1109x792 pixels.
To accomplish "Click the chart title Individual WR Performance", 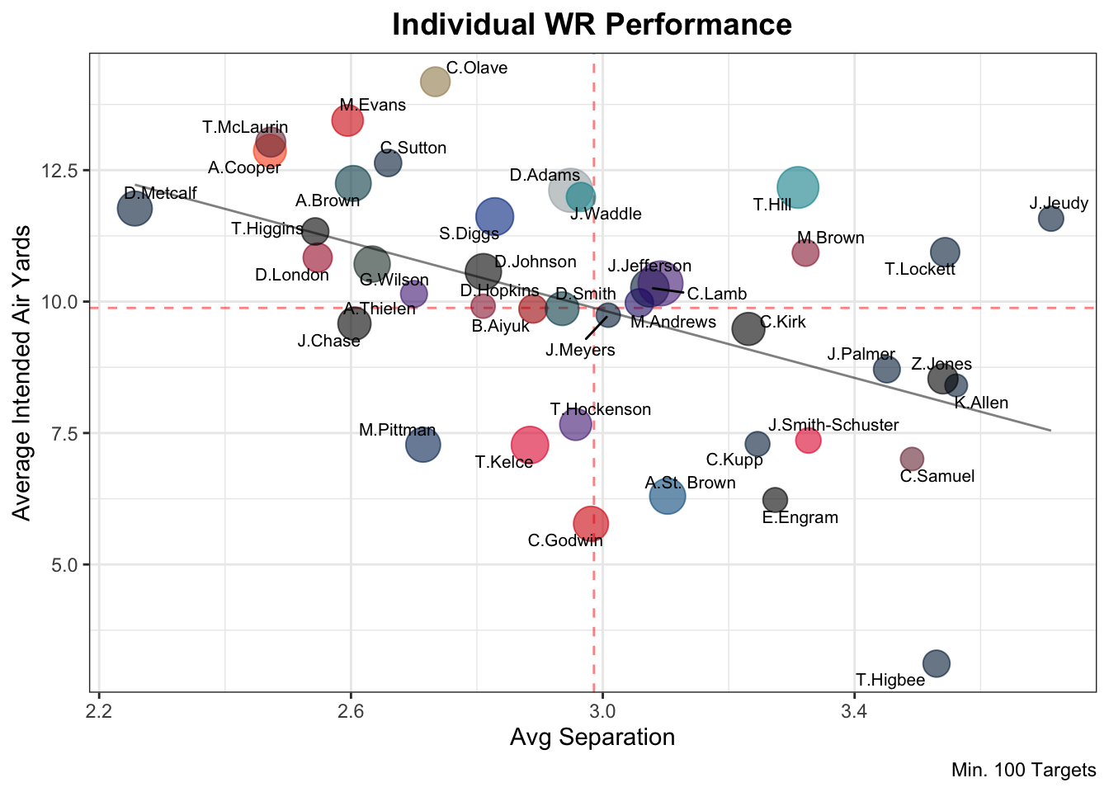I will [592, 25].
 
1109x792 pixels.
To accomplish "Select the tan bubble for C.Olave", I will [435, 81].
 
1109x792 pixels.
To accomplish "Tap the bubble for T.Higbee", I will [936, 662].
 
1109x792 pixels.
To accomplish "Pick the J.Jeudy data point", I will [1050, 219].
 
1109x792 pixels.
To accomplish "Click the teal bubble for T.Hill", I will [797, 187].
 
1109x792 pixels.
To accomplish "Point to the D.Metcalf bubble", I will [134, 208].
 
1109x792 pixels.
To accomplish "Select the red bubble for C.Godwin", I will [591, 523].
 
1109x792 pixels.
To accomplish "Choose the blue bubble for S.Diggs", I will [494, 217].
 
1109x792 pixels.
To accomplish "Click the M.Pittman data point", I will [422, 445].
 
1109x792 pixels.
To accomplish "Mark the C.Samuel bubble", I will [911, 459].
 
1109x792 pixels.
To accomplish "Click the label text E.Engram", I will [800, 518].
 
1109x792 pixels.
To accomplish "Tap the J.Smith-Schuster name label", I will [833, 426].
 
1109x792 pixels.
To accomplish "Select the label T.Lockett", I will [919, 269].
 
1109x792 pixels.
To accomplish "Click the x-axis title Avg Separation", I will [592, 737].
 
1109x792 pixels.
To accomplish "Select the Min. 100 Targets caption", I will [1023, 771].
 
